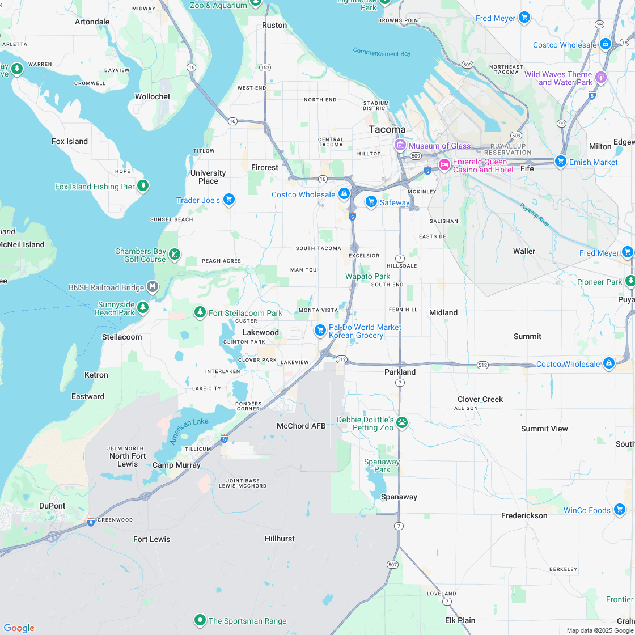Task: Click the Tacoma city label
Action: pyautogui.click(x=387, y=129)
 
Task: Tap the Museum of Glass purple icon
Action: pyautogui.click(x=400, y=146)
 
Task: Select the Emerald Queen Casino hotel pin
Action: pyautogui.click(x=444, y=165)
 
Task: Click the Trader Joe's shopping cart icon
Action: pyautogui.click(x=229, y=199)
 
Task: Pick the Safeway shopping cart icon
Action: pyautogui.click(x=371, y=202)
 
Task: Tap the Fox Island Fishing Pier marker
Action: pyautogui.click(x=143, y=185)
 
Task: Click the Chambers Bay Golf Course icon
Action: pyautogui.click(x=175, y=255)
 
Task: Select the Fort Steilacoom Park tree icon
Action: pyautogui.click(x=200, y=312)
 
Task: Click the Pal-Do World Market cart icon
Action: pyautogui.click(x=320, y=330)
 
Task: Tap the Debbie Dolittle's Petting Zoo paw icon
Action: pyautogui.click(x=402, y=422)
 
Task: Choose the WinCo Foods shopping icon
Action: pyautogui.click(x=620, y=510)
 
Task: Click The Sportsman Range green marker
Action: pyautogui.click(x=200, y=620)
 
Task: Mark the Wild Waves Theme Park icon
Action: pyautogui.click(x=601, y=77)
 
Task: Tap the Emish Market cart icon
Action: pyautogui.click(x=561, y=162)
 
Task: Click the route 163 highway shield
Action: pyautogui.click(x=265, y=67)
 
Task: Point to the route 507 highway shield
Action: pyautogui.click(x=392, y=564)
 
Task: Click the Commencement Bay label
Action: pyautogui.click(x=382, y=53)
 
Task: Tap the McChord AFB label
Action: pyautogui.click(x=301, y=426)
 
